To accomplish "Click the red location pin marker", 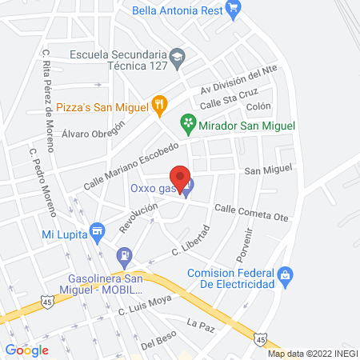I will click(181, 177).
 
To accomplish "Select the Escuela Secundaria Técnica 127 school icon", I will click(178, 57).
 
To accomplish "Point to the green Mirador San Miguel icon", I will click(188, 122).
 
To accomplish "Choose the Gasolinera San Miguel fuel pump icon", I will click(124, 257).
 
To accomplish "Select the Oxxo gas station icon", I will click(186, 190).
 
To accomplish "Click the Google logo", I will click(26, 350).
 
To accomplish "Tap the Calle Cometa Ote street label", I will click(248, 211).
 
